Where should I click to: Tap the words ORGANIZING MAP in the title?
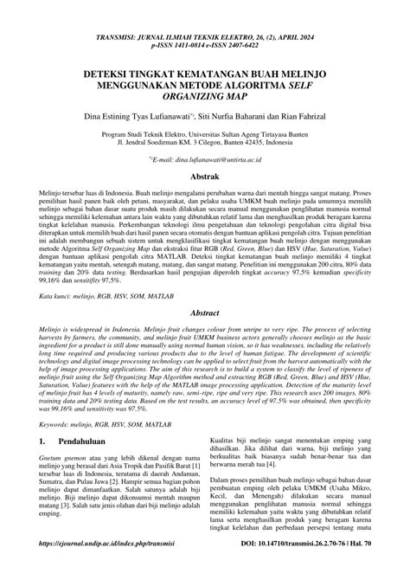coord(205,99)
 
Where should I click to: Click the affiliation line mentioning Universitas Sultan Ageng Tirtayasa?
coord(205,136)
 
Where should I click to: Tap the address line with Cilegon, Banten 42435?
coord(205,145)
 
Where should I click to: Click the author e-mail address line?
coord(205,161)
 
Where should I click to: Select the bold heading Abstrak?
coord(205,177)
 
